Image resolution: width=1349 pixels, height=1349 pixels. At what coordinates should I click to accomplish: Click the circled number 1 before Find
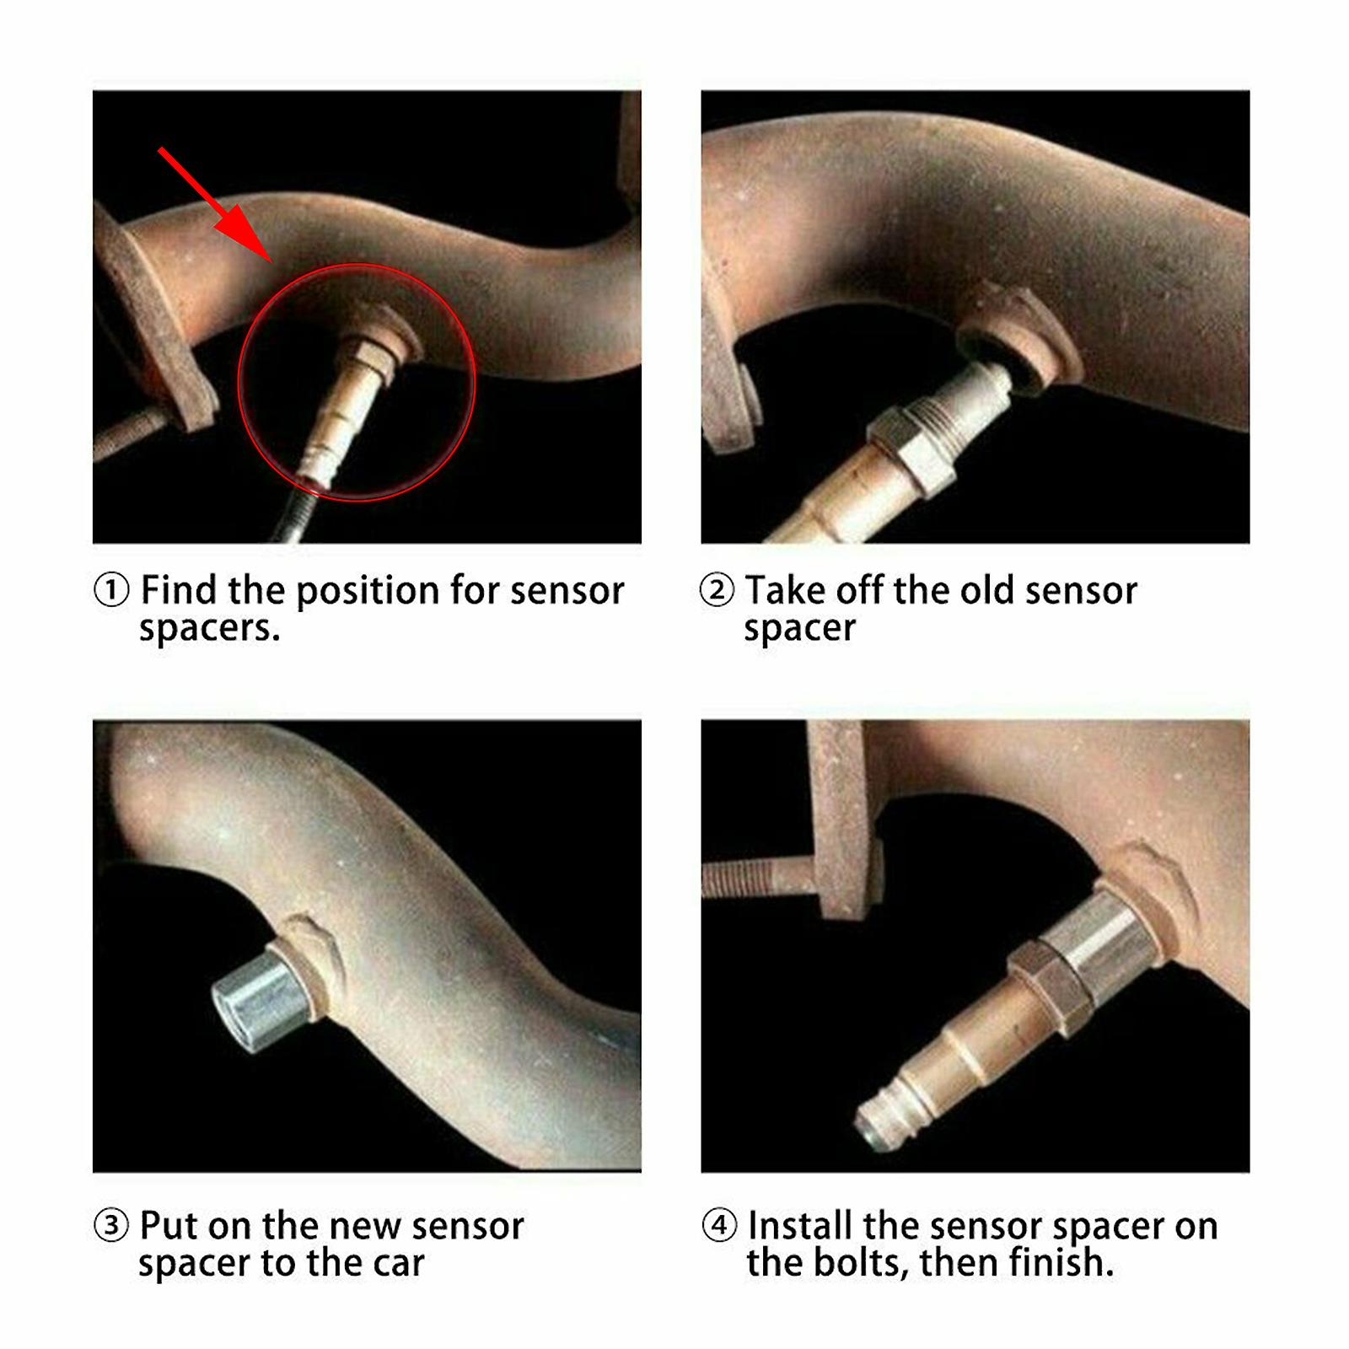coord(111,590)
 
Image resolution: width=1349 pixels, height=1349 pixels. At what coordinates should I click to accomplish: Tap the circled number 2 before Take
coord(717,590)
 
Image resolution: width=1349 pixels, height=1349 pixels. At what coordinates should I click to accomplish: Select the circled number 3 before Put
coord(111,1226)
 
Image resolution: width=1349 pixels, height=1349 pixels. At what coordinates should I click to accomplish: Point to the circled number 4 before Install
coord(718,1226)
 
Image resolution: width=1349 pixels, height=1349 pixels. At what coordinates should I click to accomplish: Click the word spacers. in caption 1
coord(209,629)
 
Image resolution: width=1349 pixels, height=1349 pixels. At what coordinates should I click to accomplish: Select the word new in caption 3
coord(360,1226)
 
